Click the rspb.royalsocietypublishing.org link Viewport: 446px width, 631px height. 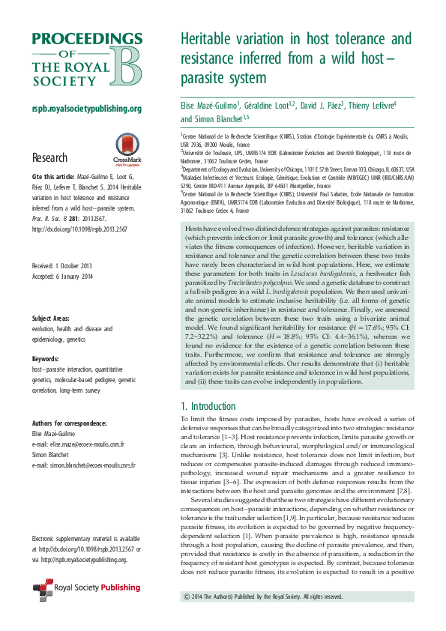[x=86, y=109]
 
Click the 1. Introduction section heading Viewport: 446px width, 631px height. [x=213, y=405]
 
